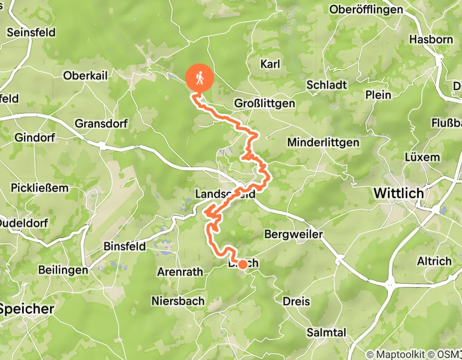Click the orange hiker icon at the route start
(199, 78)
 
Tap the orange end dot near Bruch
(242, 264)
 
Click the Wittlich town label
(399, 194)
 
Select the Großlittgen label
(264, 103)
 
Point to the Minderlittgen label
(323, 142)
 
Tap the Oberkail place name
(85, 76)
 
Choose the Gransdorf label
(101, 124)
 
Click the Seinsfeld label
(31, 32)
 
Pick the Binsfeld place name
(125, 246)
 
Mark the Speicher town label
(27, 309)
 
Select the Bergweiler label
(293, 235)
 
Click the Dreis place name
(296, 301)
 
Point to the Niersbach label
(178, 301)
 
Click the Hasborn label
(431, 40)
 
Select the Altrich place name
(434, 261)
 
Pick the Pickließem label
(39, 188)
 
